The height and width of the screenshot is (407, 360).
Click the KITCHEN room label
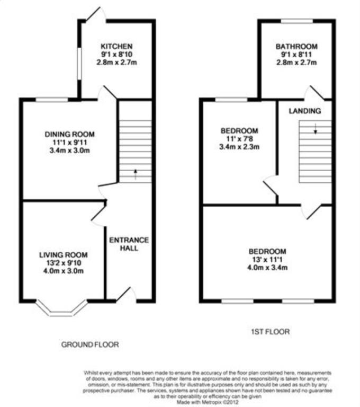coord(116,47)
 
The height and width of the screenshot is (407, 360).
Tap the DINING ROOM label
coord(69,134)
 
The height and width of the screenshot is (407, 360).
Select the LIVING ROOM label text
coord(64,255)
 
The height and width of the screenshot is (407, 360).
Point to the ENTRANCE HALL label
coord(129,244)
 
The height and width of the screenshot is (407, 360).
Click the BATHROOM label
coord(296,47)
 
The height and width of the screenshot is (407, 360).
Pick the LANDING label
coord(305,111)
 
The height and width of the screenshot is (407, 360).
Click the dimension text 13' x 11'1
coord(267,259)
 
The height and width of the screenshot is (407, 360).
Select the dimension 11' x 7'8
coord(239,139)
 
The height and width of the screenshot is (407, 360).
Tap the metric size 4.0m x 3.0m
coord(64,271)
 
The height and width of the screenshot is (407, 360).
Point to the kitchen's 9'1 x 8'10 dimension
coord(116,54)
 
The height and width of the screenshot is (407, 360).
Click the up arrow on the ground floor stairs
coord(135,174)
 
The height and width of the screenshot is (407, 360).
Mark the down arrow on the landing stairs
coord(316,129)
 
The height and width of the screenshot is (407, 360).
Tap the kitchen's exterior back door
coord(95,14)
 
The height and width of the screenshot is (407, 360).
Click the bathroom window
coord(297,21)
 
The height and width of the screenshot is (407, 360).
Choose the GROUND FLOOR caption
coord(90,344)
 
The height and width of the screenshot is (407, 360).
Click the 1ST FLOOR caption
coord(270,332)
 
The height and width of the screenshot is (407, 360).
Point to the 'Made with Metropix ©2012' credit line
coord(208,402)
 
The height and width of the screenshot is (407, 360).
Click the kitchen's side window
coord(79,63)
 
